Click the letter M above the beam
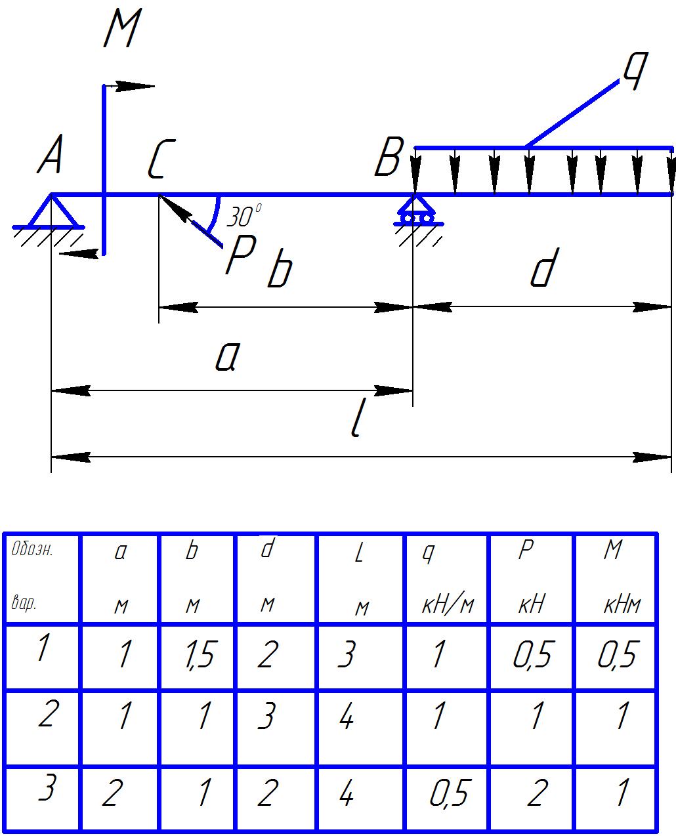pyautogui.click(x=122, y=30)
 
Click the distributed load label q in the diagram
pyautogui.click(x=634, y=68)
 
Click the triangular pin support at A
pyautogui.click(x=51, y=211)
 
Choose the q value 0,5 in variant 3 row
pyautogui.click(x=449, y=795)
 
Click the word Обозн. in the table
pyautogui.click(x=32, y=550)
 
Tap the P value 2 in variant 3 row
pyautogui.click(x=536, y=793)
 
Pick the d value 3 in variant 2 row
pyautogui.click(x=265, y=717)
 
